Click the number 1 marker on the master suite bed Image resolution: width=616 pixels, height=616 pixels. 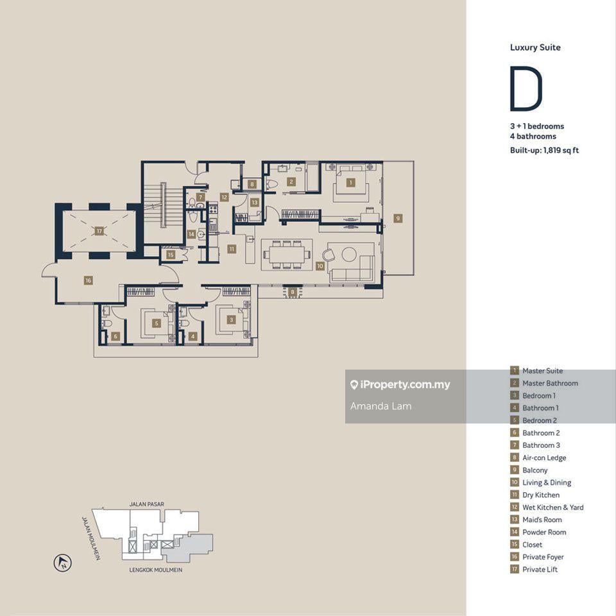click(350, 182)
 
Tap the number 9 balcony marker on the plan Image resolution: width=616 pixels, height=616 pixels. click(398, 218)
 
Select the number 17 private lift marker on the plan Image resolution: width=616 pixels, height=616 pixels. click(99, 231)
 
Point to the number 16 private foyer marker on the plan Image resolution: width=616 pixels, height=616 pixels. click(88, 280)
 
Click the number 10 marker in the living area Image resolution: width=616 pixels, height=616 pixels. click(320, 266)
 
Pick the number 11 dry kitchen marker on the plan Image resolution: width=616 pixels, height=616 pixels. click(232, 249)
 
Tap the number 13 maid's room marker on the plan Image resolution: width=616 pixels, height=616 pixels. click(254, 202)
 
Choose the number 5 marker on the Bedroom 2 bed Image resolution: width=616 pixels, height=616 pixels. click(157, 323)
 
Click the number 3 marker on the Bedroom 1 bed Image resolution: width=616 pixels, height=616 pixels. click(232, 320)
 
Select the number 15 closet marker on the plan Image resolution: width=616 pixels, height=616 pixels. click(171, 255)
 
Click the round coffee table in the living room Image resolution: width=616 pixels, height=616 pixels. click(349, 254)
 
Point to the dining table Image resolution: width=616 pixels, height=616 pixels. click(287, 254)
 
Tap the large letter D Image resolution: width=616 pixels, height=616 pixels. click(526, 89)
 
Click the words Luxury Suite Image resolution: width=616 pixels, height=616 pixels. click(535, 47)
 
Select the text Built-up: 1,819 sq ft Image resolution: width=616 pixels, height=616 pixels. click(544, 150)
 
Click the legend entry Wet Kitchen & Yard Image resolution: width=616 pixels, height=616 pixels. click(552, 507)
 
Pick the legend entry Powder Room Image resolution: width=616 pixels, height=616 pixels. click(544, 532)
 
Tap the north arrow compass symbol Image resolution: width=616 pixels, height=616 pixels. click(62, 563)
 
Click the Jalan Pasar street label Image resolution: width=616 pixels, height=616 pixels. click(147, 504)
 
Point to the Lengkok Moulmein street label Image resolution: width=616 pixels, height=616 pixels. click(155, 570)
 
